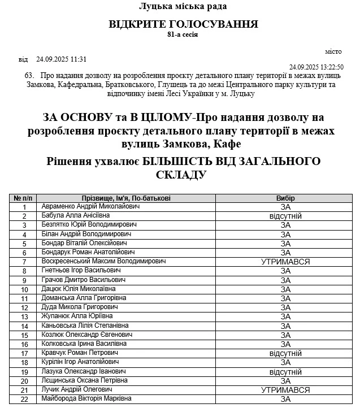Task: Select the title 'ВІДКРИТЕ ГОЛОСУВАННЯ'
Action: (183, 24)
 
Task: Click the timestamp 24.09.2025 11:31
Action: (61, 59)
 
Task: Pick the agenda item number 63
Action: (30, 76)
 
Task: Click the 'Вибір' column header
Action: (285, 198)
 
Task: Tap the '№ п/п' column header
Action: (24, 198)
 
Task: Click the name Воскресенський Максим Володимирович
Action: (103, 262)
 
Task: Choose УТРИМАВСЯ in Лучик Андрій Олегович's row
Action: (285, 390)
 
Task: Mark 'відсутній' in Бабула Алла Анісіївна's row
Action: (285, 216)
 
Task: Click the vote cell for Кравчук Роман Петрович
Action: (285, 353)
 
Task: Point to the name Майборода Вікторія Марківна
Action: (86, 399)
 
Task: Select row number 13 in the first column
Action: (24, 316)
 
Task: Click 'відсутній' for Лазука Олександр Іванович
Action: (285, 372)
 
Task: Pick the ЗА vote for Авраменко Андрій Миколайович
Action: (285, 207)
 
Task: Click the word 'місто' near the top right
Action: (334, 51)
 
